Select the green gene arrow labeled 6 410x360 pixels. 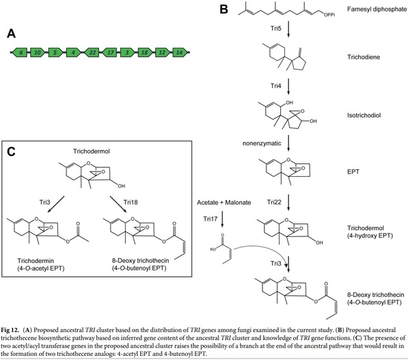tap(22, 52)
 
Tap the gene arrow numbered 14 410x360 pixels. tap(178, 52)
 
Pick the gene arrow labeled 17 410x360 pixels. tap(109, 52)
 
